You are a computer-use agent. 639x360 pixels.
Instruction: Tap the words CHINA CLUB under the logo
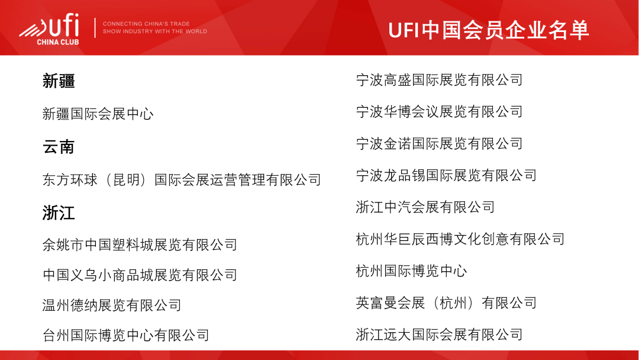tap(58, 42)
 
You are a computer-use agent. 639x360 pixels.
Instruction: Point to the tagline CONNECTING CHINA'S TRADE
tap(146, 24)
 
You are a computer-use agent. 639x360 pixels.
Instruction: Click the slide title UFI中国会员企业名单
tap(488, 30)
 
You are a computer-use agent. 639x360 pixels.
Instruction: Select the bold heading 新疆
tap(59, 81)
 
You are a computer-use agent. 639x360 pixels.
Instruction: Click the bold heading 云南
tap(59, 147)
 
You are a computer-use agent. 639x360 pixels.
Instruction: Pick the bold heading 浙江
tap(59, 213)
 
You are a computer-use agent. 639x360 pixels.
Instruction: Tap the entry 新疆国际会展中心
tap(98, 114)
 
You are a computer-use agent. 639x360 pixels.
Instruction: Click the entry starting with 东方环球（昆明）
tap(182, 180)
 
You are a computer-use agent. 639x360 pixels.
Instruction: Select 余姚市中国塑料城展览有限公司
tap(140, 245)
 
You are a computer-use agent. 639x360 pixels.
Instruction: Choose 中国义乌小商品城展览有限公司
tap(140, 275)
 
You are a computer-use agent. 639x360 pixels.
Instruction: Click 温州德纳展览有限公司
tap(112, 305)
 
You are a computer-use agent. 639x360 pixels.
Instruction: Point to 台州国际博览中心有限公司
tap(126, 335)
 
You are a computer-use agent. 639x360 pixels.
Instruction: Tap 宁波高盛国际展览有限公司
tap(439, 80)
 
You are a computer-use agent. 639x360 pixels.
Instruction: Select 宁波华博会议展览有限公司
tap(439, 112)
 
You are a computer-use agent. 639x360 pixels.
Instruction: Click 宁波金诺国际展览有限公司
tap(439, 143)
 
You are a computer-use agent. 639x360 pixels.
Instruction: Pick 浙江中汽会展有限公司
tap(425, 207)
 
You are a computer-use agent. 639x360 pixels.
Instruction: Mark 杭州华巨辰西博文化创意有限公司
tap(460, 239)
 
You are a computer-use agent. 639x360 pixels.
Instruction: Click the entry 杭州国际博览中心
tap(412, 271)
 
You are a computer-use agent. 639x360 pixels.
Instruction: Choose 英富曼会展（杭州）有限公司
tap(446, 303)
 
